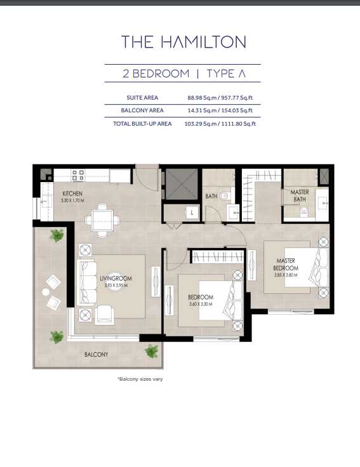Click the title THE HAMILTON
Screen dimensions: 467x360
point(183,43)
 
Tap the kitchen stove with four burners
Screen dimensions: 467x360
point(78,175)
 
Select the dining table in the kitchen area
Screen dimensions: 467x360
point(102,220)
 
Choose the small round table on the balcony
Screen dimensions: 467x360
point(46,292)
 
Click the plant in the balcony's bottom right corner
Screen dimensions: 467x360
point(151,350)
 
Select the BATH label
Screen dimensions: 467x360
point(211,196)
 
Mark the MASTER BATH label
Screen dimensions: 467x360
point(300,195)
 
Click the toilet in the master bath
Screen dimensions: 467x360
point(303,211)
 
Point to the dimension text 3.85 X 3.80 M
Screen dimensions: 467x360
point(286,275)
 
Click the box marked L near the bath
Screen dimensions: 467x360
point(192,213)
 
